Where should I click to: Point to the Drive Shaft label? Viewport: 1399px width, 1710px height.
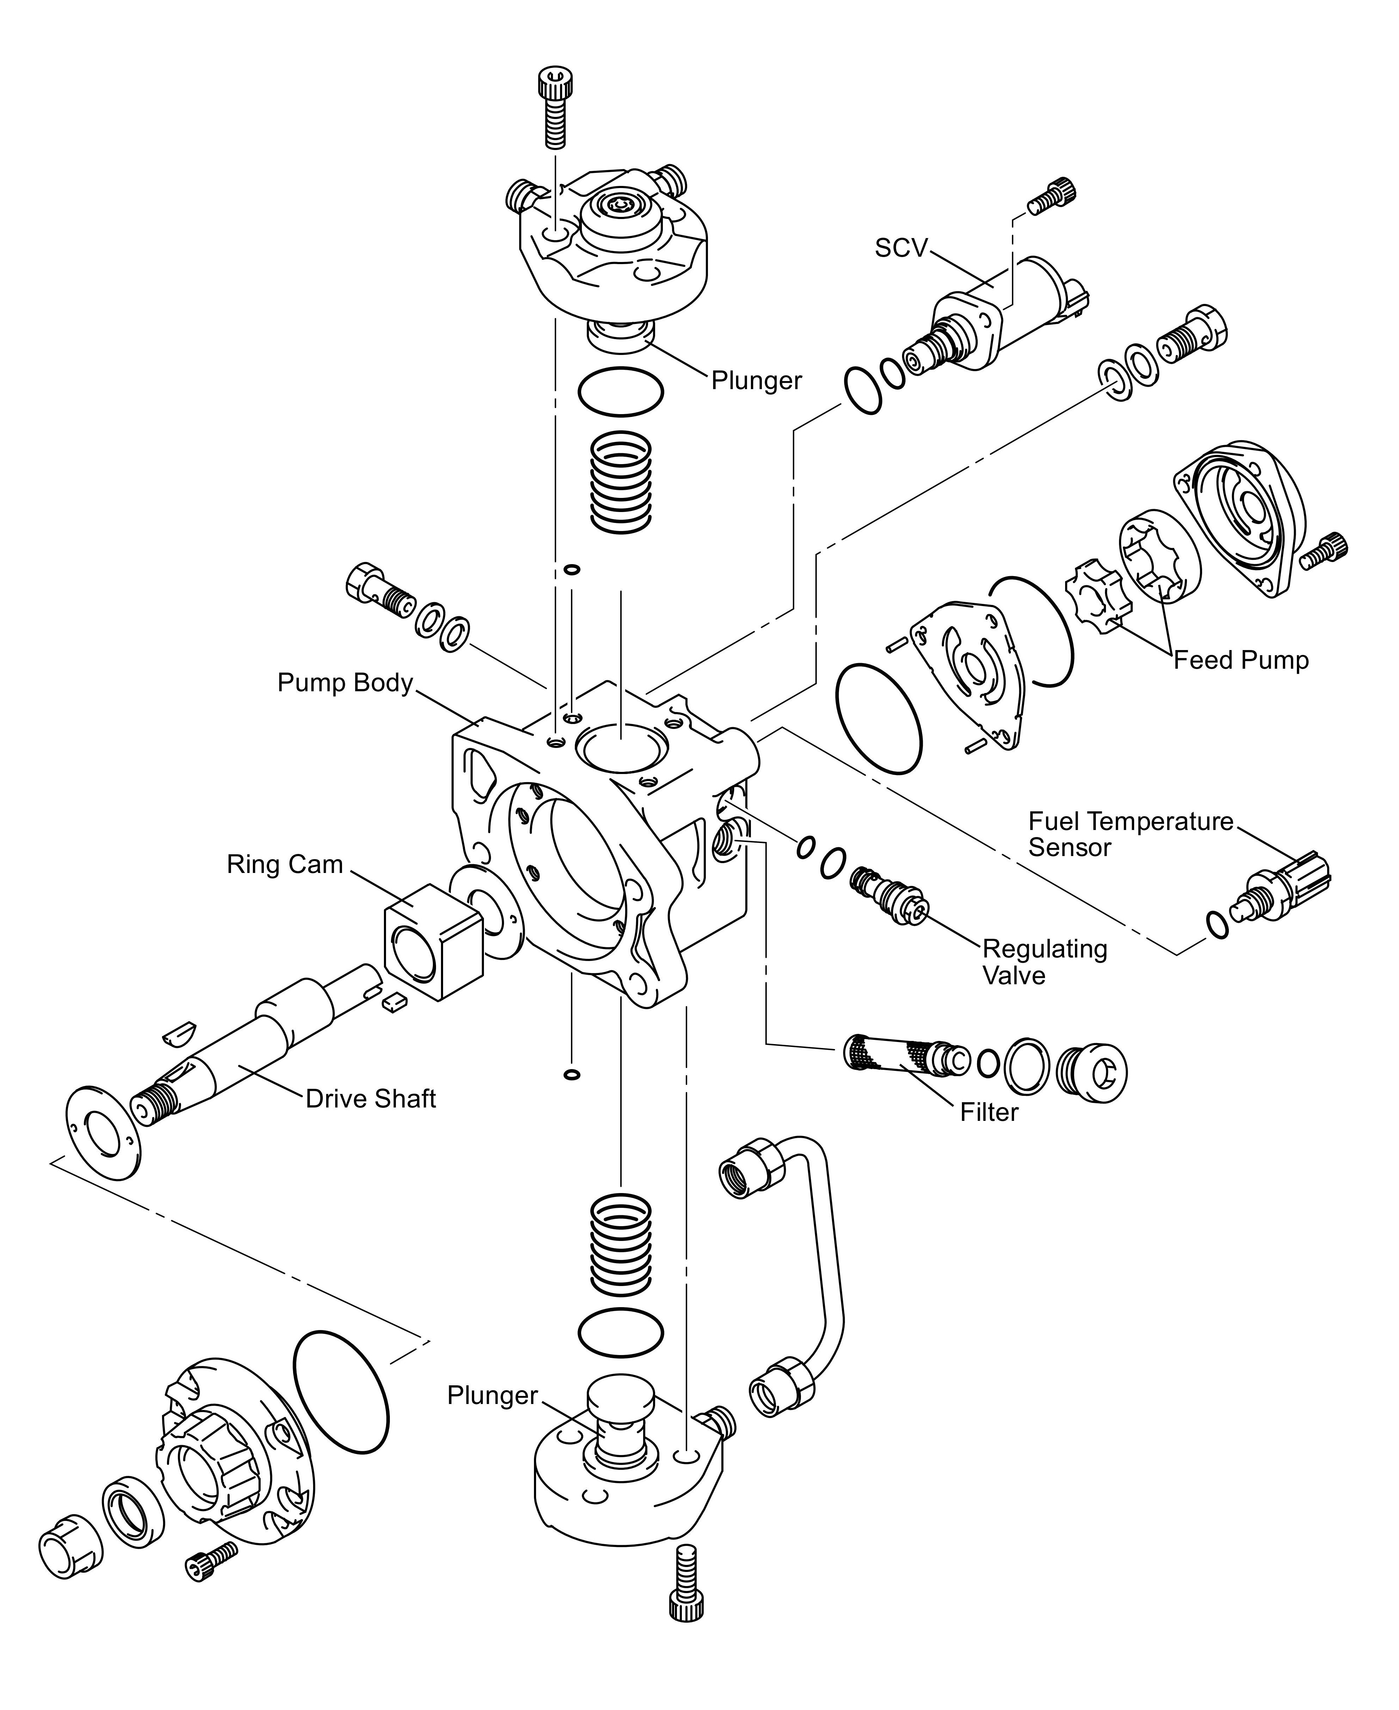(x=371, y=1099)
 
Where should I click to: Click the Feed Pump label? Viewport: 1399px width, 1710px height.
(x=1240, y=661)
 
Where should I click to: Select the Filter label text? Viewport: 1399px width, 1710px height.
(x=989, y=1113)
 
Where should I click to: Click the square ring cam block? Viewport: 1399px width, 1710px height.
(x=433, y=943)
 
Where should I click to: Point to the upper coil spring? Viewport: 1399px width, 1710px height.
(x=621, y=482)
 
